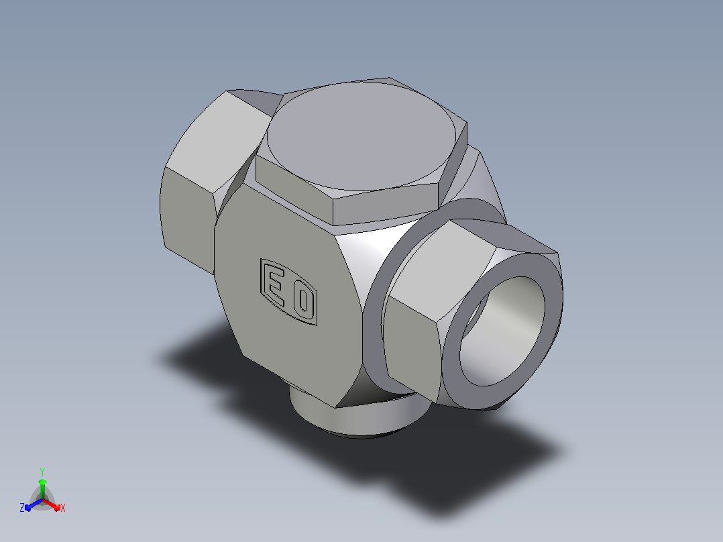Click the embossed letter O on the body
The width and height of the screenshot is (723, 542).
(304, 302)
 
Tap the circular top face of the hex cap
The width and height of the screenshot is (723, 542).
(361, 136)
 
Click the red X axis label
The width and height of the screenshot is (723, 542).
(63, 508)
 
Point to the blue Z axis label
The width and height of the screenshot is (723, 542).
(22, 507)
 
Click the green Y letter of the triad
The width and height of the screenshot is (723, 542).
(42, 472)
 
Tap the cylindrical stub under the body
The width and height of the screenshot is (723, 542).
(355, 417)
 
